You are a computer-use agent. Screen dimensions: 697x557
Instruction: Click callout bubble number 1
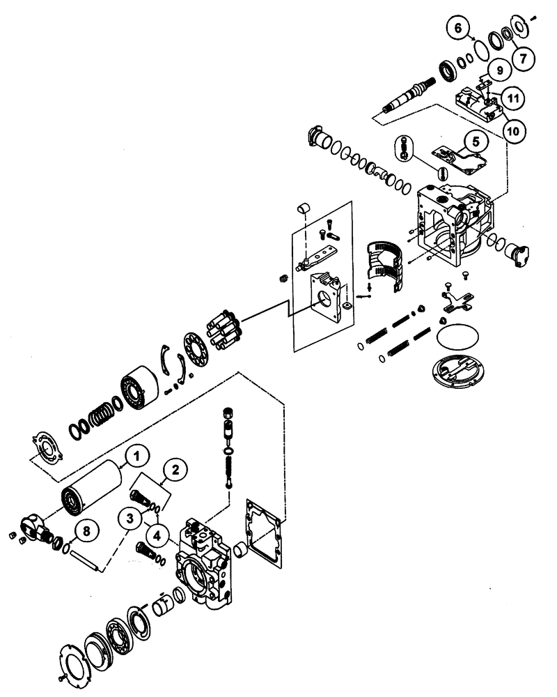point(137,457)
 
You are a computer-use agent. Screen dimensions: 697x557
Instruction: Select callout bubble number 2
point(175,470)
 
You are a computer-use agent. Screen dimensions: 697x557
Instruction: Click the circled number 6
point(457,29)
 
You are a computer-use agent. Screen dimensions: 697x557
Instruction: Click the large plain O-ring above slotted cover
point(457,335)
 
